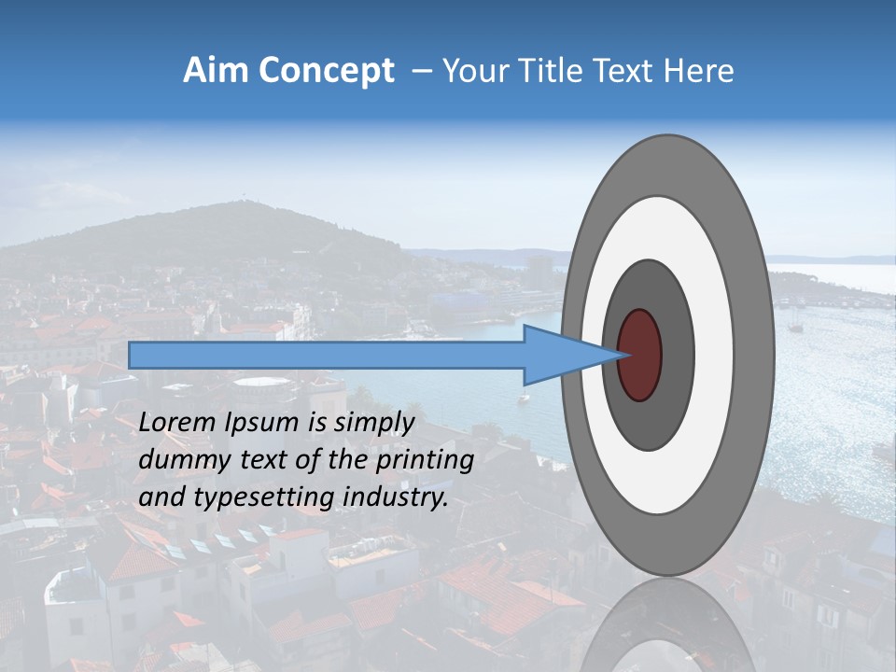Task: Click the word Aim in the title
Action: pyautogui.click(x=214, y=71)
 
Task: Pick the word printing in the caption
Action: pyautogui.click(x=422, y=460)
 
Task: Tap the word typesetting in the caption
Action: pyautogui.click(x=257, y=497)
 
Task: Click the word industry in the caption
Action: pyautogui.click(x=395, y=497)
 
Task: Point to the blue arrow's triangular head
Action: pyautogui.click(x=560, y=355)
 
